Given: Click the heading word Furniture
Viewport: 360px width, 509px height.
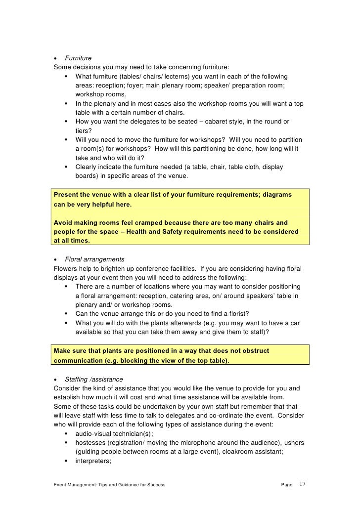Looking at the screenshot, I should coord(78,58).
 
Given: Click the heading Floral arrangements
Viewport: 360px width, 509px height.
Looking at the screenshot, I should coord(94,259).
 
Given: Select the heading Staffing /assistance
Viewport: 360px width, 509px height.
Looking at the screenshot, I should coord(93,380).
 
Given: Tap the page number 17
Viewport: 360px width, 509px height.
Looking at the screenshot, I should coord(303,485).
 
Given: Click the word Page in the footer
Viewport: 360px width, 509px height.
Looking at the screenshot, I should coord(287,485).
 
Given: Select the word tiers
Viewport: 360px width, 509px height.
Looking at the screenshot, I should coord(83,130).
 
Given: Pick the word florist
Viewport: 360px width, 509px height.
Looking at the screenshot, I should coord(234,314).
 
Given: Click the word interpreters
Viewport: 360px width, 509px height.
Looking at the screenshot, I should coord(92,461).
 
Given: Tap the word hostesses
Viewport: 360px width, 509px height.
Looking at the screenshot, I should coord(91,443).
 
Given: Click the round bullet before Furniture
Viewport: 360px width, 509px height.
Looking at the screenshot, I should coord(56,59).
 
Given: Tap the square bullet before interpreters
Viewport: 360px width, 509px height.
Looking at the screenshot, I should coord(66,461).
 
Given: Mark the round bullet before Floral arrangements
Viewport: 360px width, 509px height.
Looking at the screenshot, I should coord(56,260).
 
